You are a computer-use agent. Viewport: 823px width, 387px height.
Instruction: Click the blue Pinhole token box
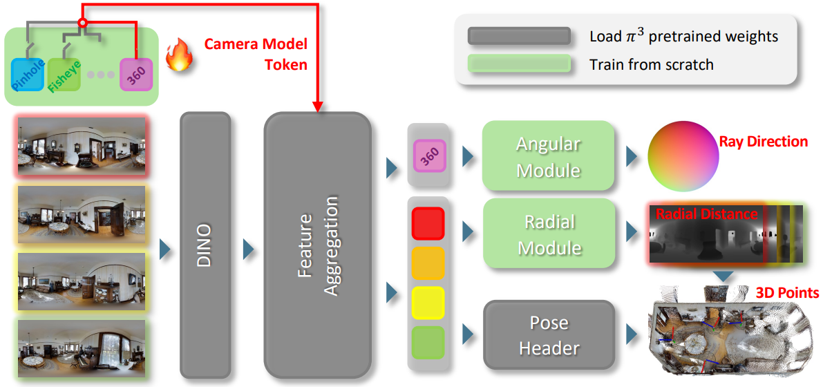pyautogui.click(x=28, y=75)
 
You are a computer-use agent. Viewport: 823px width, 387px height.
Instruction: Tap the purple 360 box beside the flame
pyautogui.click(x=135, y=75)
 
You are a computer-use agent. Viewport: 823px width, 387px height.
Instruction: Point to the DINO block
pyautogui.click(x=205, y=245)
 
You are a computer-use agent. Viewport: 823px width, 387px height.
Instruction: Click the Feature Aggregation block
pyautogui.click(x=318, y=245)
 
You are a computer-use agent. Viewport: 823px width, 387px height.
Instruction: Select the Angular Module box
pyautogui.click(x=548, y=156)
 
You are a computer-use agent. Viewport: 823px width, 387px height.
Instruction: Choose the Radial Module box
pyautogui.click(x=548, y=234)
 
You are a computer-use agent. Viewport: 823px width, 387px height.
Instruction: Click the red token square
pyautogui.click(x=428, y=224)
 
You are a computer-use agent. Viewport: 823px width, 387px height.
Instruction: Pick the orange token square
pyautogui.click(x=428, y=263)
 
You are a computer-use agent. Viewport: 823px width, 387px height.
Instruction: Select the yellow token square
pyautogui.click(x=428, y=303)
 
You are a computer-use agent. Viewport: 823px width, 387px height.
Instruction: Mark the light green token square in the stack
pyautogui.click(x=428, y=342)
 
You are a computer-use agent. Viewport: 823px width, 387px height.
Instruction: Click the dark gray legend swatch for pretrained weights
pyautogui.click(x=519, y=36)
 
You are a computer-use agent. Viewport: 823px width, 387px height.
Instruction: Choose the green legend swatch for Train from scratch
pyautogui.click(x=519, y=64)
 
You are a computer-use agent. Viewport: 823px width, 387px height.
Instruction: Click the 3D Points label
pyautogui.click(x=787, y=293)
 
